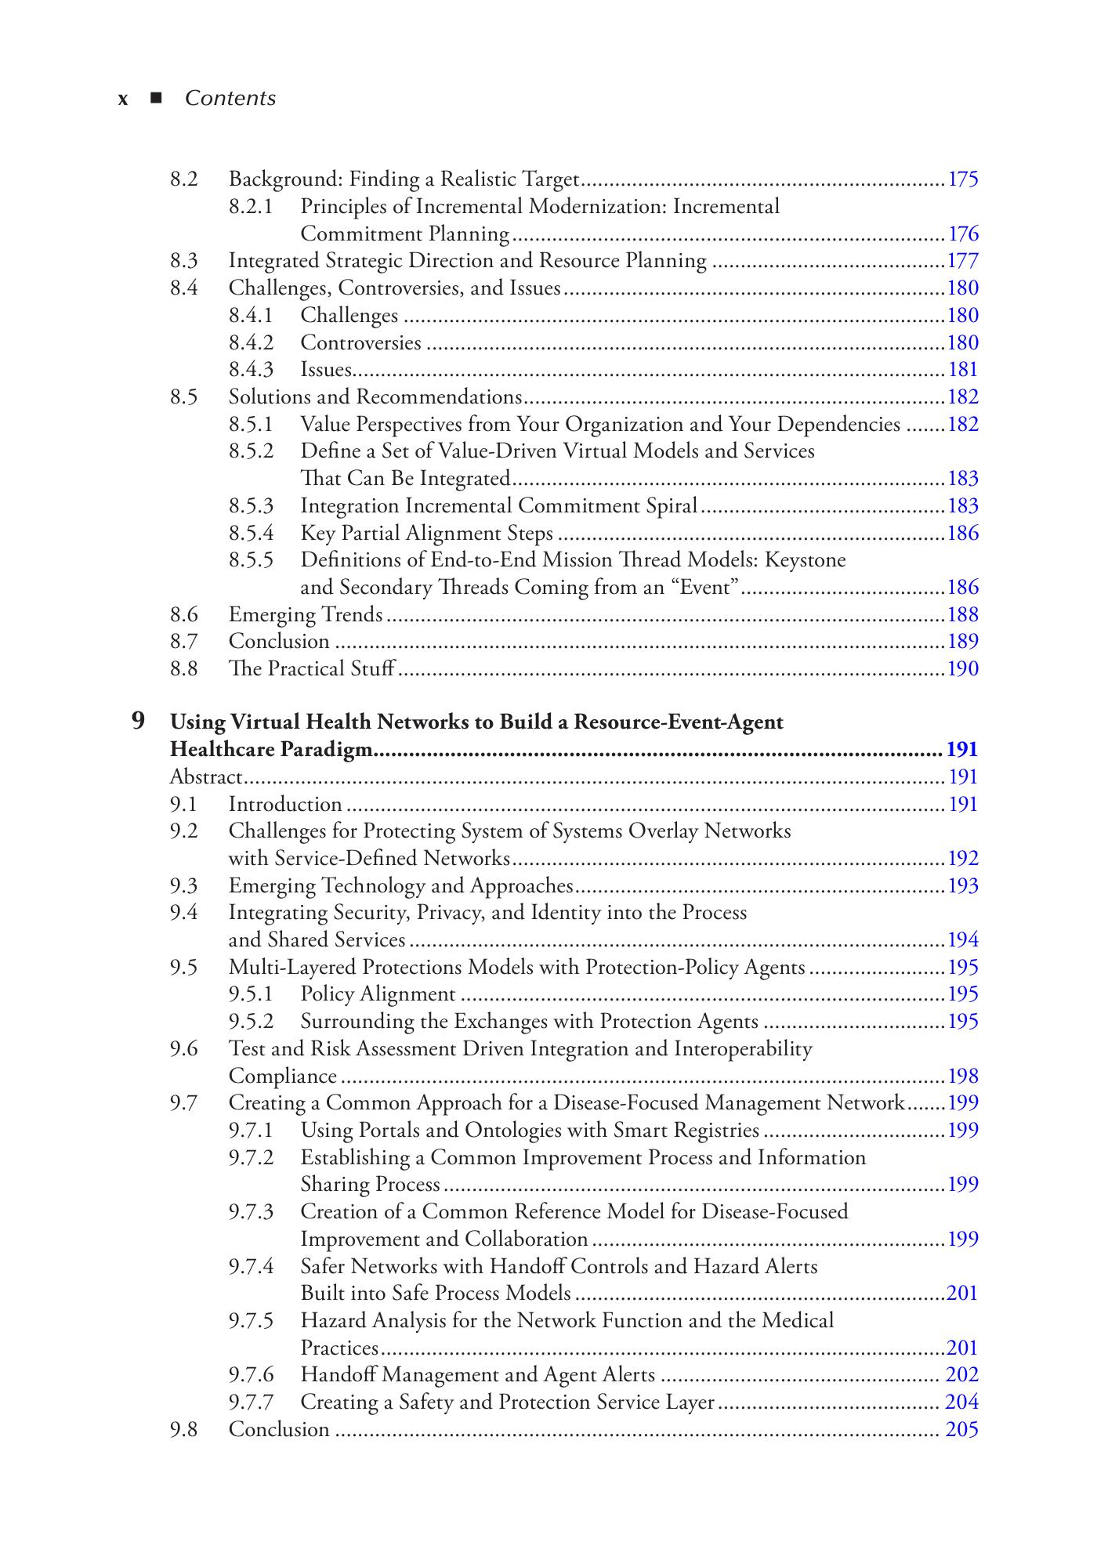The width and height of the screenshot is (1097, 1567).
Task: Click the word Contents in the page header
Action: (230, 99)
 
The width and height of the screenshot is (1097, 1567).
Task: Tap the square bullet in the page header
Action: (156, 98)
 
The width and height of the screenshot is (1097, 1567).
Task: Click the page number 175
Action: (963, 179)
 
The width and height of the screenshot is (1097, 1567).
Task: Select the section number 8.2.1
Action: (251, 207)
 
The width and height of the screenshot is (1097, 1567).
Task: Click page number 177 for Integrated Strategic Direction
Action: (963, 261)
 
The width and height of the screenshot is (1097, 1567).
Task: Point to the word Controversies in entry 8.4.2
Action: (360, 342)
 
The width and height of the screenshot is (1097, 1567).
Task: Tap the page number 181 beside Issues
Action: (963, 370)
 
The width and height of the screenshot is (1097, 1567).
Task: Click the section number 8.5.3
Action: (251, 506)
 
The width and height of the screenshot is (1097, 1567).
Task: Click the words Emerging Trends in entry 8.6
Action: (306, 615)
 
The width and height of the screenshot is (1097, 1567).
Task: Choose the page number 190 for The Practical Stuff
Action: (963, 669)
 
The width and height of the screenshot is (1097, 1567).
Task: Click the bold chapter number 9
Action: (138, 721)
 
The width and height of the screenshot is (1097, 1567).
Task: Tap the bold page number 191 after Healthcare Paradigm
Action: (962, 750)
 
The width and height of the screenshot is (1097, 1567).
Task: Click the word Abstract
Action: (206, 777)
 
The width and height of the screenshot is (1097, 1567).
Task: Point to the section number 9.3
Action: (183, 886)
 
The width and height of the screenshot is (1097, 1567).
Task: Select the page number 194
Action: (963, 940)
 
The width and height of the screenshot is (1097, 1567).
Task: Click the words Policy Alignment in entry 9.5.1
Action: (378, 994)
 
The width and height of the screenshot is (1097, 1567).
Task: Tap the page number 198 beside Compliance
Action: (963, 1076)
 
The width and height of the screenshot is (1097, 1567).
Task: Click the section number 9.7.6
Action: (251, 1375)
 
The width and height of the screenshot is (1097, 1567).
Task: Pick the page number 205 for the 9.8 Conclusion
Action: (962, 1430)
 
